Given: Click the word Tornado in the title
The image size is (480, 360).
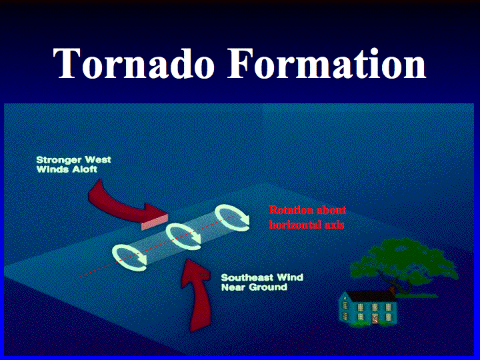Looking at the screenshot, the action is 133,63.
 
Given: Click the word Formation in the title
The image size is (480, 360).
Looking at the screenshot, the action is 327,63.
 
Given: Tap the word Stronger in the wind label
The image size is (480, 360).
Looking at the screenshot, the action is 59,160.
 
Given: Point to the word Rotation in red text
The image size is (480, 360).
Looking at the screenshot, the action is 289,210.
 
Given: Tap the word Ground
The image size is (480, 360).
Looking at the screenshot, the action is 268,287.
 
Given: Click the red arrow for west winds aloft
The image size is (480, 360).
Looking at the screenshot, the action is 123,208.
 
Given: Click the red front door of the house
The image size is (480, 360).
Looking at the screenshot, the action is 375,318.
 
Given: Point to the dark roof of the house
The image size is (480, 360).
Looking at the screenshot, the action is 371,295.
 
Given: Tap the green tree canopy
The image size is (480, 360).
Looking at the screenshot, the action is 404,260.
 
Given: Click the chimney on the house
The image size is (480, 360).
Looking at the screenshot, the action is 391,289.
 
